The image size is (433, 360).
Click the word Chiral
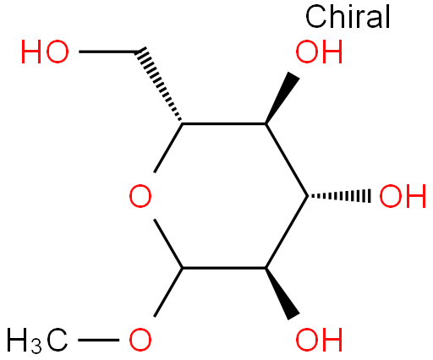click(348, 17)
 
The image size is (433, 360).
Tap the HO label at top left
click(45, 52)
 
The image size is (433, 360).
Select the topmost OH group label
click(319, 52)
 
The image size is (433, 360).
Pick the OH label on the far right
click(403, 196)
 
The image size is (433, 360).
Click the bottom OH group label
click(319, 340)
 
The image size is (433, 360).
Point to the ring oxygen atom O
click(140, 196)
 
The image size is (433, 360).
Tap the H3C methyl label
click(37, 341)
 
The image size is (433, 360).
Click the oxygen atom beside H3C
click(140, 340)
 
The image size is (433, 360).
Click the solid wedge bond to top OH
click(282, 98)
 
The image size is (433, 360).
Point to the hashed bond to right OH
click(339, 196)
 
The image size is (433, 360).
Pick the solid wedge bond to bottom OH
click(282, 294)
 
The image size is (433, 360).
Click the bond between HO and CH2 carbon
click(107, 52)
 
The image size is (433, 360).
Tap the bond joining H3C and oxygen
click(98, 340)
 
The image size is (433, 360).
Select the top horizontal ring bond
click(224, 123)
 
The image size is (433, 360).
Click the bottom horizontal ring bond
click(224, 268)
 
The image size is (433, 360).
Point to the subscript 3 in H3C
click(36, 347)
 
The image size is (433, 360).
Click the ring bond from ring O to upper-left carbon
click(168, 148)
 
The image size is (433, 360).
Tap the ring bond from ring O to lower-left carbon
click(168, 243)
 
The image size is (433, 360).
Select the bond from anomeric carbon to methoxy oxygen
click(168, 292)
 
